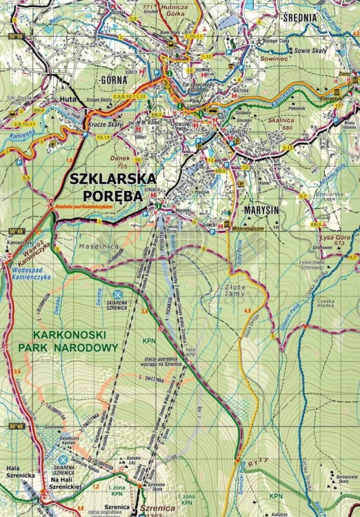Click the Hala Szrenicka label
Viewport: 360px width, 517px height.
coord(14,472)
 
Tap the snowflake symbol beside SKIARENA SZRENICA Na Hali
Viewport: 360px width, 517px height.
coord(63,459)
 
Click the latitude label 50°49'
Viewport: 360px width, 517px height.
coord(17,231)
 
